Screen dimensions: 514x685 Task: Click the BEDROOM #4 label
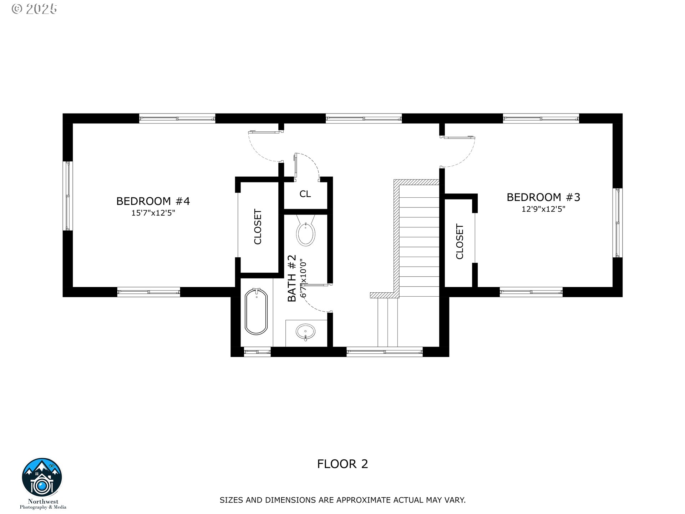tap(153, 201)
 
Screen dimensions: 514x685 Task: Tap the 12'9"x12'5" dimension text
tap(543, 209)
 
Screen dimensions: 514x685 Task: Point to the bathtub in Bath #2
tap(256, 312)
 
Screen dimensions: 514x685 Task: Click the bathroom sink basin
tap(306, 332)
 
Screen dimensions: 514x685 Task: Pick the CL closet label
tap(305, 194)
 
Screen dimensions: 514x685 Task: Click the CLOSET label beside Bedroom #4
tap(258, 227)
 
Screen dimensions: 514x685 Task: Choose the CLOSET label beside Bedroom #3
tap(460, 242)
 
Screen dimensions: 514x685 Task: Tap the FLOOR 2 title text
tap(342, 464)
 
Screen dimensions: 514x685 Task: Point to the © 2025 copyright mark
tap(34, 9)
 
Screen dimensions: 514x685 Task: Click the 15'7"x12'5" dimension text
tap(153, 213)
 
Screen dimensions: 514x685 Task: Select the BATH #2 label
tap(292, 278)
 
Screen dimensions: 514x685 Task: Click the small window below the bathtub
tap(257, 352)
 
